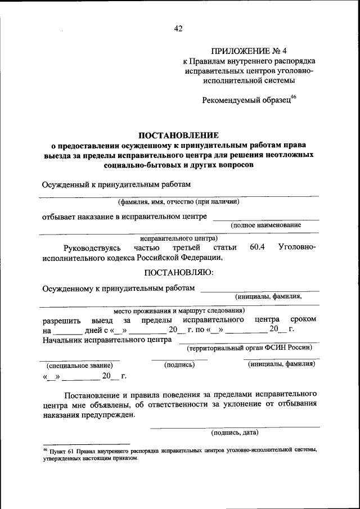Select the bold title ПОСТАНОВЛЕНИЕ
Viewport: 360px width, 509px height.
pyautogui.click(x=178, y=136)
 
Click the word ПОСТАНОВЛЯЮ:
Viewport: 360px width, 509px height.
pyautogui.click(x=178, y=273)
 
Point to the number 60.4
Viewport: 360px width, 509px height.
pyautogui.click(x=257, y=247)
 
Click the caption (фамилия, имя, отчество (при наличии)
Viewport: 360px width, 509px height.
pyautogui.click(x=178, y=201)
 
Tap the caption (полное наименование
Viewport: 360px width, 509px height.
pyautogui.click(x=265, y=225)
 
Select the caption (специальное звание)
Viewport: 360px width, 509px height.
pyautogui.click(x=79, y=365)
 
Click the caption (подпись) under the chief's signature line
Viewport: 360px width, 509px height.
pyautogui.click(x=179, y=365)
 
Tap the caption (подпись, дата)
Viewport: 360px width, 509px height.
pyautogui.click(x=235, y=433)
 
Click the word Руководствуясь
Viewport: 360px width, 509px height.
pyautogui.click(x=92, y=247)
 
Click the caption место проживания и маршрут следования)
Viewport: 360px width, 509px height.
pyautogui.click(x=178, y=310)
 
